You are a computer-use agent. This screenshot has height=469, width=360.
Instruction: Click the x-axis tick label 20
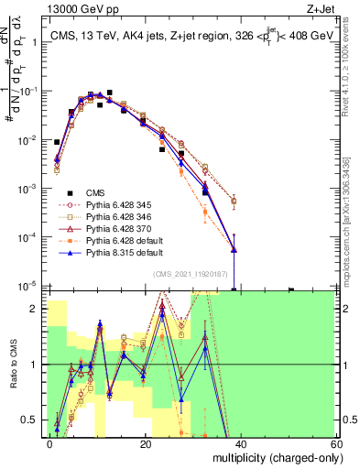pyautogui.click(x=146, y=443)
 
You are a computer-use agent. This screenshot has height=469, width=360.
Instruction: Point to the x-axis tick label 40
pyautogui.click(x=241, y=443)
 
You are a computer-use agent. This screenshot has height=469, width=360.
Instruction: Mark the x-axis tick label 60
pyautogui.click(x=335, y=443)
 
